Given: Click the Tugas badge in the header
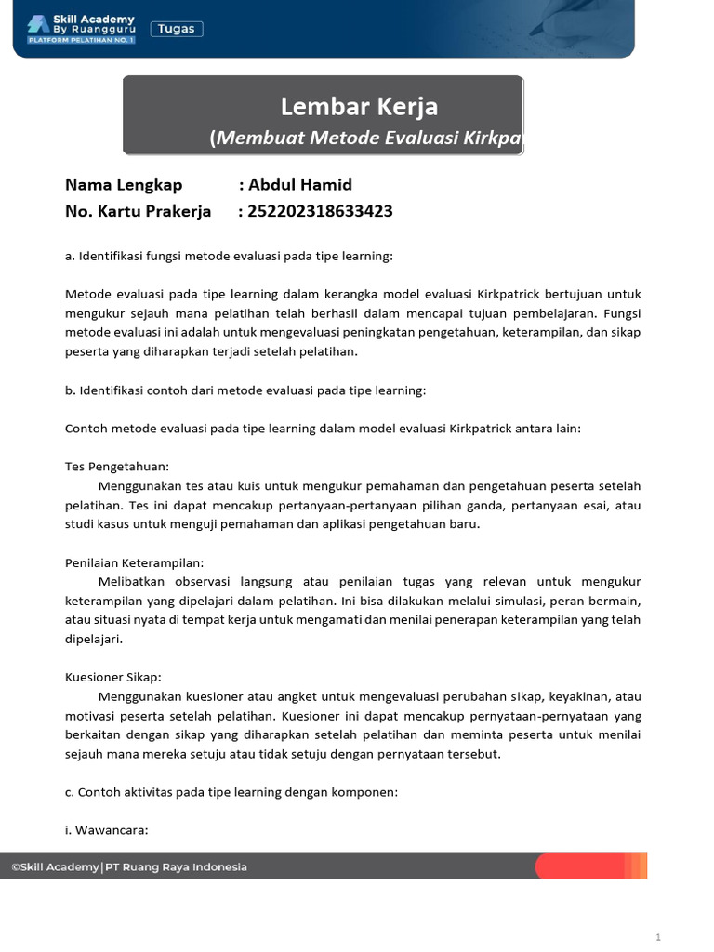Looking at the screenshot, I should (177, 29).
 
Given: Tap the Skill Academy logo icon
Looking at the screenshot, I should (38, 23).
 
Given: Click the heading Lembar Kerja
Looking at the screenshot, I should (359, 106).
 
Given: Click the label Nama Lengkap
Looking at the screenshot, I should (124, 184).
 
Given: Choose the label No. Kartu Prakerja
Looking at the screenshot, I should (139, 211).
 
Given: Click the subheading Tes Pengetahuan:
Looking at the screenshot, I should (117, 466).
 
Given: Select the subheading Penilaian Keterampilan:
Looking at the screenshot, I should (134, 562).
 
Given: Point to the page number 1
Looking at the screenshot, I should (657, 937).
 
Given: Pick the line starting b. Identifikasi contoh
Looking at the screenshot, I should (245, 390).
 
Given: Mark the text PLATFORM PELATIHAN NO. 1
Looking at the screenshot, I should (82, 41).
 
